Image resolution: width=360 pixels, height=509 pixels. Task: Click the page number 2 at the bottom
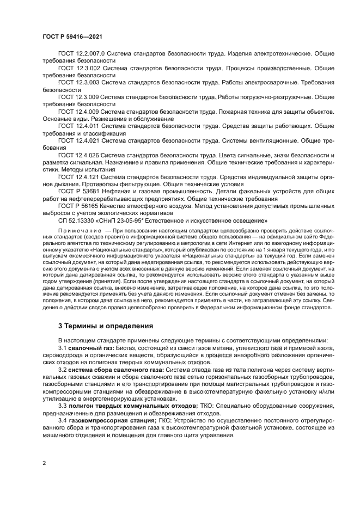click(x=44, y=463)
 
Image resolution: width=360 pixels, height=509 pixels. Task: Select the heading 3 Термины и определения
click(x=106, y=326)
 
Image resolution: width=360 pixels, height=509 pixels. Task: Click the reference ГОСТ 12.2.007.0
click(x=81, y=54)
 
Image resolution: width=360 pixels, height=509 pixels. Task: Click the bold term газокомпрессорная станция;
click(x=112, y=421)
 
